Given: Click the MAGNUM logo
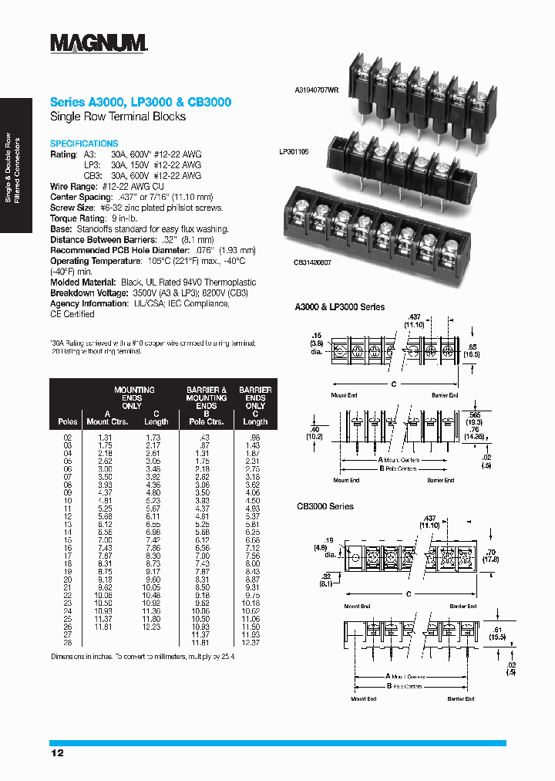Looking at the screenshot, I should [x=99, y=43].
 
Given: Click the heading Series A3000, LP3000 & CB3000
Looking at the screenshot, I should [x=140, y=102].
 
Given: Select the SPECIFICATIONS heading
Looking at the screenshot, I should [x=84, y=144].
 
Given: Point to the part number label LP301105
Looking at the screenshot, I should [x=294, y=153].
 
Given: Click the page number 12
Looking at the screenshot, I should [x=57, y=752].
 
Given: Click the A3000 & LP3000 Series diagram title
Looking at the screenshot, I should [x=340, y=307].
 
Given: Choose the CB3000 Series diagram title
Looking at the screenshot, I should [x=325, y=506].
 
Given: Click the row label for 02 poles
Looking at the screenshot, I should [x=67, y=438].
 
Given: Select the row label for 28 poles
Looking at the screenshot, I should [x=67, y=642].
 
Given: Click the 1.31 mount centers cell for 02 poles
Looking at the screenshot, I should [x=106, y=438].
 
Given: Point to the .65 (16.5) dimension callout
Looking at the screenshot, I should [x=473, y=349].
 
